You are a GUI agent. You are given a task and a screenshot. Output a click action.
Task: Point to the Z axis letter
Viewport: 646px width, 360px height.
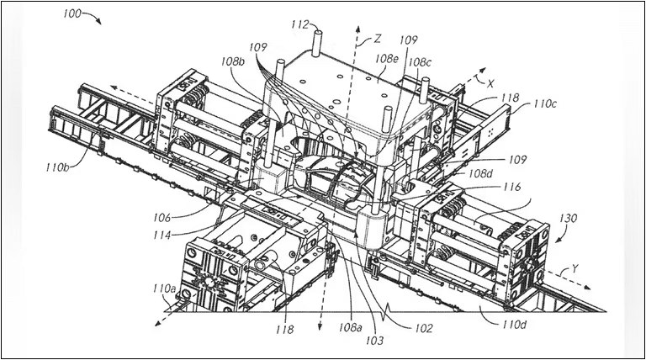pyautogui.click(x=379, y=38)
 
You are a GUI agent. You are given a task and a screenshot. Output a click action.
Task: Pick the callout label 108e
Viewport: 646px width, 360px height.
pyautogui.click(x=387, y=60)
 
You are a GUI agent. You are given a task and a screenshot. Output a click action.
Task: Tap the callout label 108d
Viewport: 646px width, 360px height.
pyautogui.click(x=481, y=174)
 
